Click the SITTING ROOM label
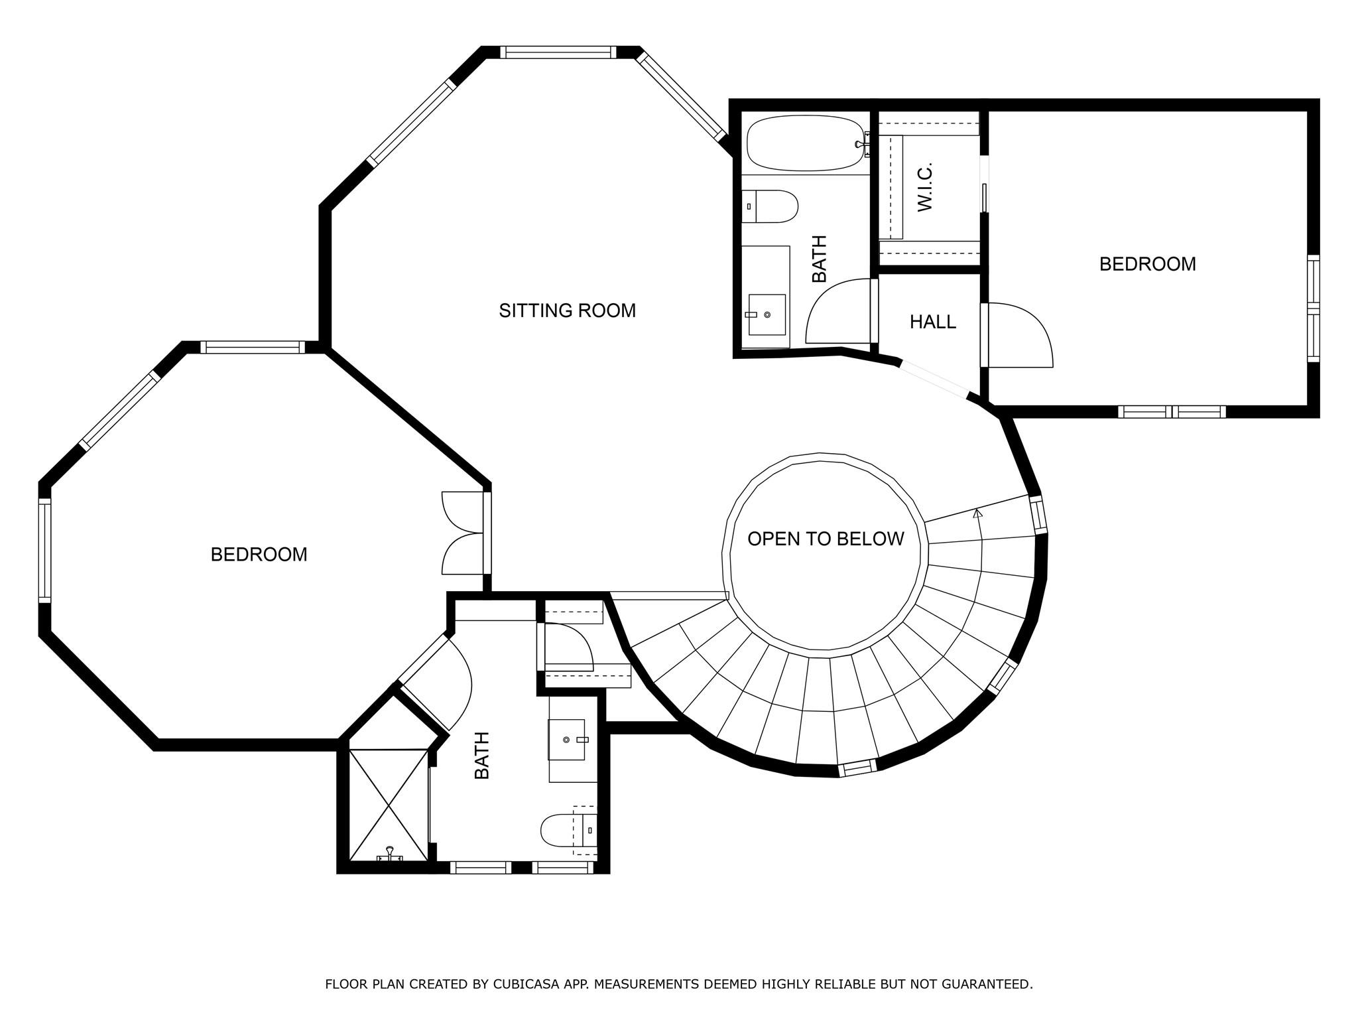coord(567,310)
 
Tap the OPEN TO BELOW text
coord(826,539)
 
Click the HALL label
coord(932,322)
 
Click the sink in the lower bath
coord(568,739)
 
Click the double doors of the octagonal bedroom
coord(464,533)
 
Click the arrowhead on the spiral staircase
coord(977,513)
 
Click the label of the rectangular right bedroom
coord(1147,264)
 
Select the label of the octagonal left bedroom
coord(259,555)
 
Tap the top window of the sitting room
coord(558,52)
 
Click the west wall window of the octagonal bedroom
coord(44,550)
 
